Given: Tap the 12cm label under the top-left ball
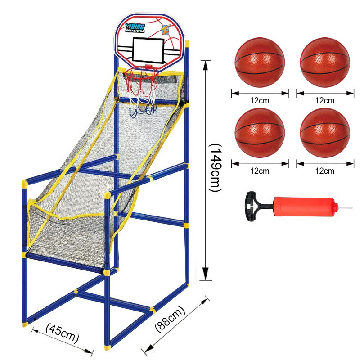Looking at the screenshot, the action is [x=260, y=100].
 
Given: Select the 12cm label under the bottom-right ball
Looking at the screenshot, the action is [x=324, y=171].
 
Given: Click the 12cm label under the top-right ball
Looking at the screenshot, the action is [x=324, y=100].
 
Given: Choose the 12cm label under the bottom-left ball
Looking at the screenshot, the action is [x=260, y=171].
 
